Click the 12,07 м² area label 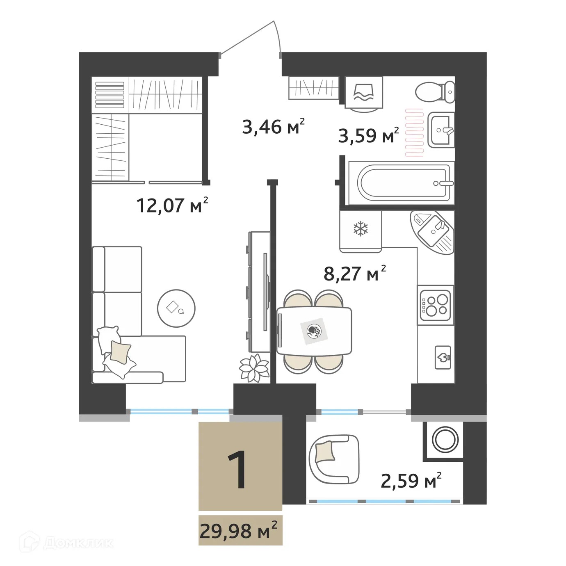click(172, 205)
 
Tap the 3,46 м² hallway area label click(273, 127)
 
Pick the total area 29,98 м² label click(238, 532)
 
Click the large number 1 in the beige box click(238, 470)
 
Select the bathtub click(402, 183)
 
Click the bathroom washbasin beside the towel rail click(441, 130)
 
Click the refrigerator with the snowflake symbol click(361, 229)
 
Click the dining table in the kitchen click(314, 331)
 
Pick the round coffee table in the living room click(176, 308)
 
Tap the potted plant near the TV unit click(254, 367)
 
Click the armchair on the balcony click(333, 459)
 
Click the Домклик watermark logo click(68, 543)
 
